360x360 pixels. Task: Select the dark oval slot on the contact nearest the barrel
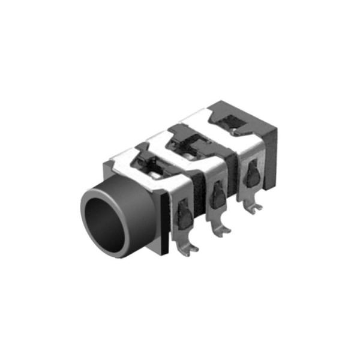[x=185, y=213]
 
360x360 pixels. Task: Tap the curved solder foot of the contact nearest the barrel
[x=190, y=250]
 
